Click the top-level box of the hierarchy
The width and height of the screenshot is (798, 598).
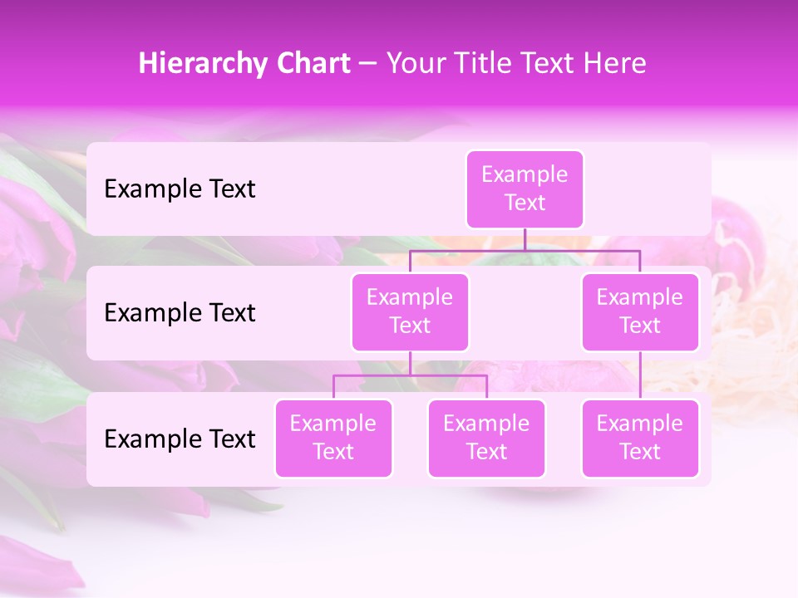point(525,189)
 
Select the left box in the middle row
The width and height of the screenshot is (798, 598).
point(410,312)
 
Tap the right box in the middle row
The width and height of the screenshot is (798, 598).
point(640,312)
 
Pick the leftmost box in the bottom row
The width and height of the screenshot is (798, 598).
point(333,439)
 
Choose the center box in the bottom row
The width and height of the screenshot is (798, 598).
point(486,439)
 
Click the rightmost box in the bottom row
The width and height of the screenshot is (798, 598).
point(640,439)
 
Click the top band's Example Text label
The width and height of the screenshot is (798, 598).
point(180,189)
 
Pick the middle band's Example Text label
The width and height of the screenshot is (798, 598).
point(180,313)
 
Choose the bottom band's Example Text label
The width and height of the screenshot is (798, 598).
point(180,439)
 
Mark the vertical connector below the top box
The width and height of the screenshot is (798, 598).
point(525,239)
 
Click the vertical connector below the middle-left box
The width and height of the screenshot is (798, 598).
point(410,363)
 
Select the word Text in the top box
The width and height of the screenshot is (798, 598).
point(525,203)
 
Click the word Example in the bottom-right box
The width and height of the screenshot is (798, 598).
point(640,424)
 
